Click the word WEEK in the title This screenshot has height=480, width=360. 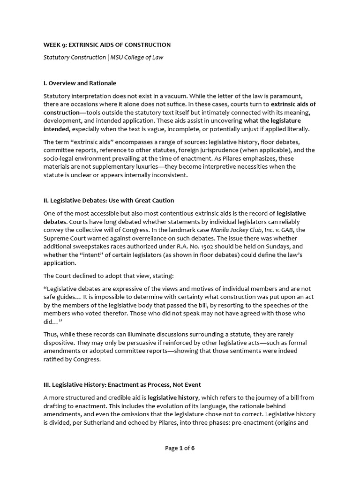52,45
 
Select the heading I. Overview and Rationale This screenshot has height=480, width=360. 79,83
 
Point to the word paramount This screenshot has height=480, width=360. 292,96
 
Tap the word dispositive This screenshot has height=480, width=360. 60,343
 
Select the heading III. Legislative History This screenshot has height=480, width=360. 122,385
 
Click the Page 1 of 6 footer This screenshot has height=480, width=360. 180,448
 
